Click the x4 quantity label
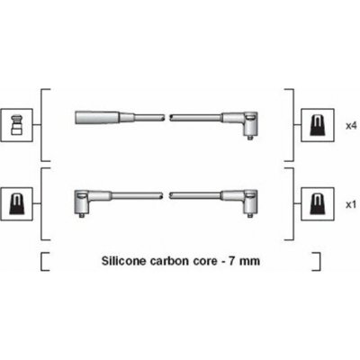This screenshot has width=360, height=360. (351, 126)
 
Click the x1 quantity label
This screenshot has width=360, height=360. (351, 204)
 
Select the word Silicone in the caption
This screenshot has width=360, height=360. (124, 261)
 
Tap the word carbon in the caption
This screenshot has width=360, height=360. (169, 261)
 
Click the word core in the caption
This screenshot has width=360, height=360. (204, 261)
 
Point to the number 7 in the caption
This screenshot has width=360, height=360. (232, 261)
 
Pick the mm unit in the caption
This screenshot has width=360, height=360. (249, 262)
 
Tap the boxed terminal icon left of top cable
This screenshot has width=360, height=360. (17, 125)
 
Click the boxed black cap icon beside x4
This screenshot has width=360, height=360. (318, 125)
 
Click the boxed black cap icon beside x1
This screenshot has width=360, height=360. (318, 204)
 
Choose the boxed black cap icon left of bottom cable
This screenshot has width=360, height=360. (17, 204)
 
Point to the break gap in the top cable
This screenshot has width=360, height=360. (167, 117)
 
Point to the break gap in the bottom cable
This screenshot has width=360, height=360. (166, 196)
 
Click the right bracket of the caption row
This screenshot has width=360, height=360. (316, 262)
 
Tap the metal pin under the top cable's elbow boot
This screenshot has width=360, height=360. (250, 137)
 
